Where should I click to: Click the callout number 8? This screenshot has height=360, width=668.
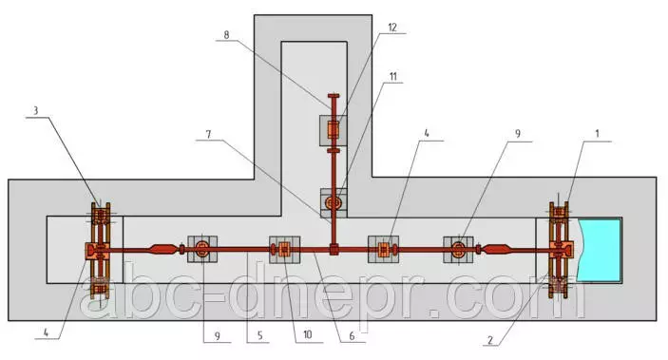click(x=226, y=35)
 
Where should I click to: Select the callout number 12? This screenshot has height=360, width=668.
click(x=392, y=28)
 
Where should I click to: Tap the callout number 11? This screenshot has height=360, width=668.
click(x=392, y=76)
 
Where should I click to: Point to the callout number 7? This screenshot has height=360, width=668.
click(x=208, y=135)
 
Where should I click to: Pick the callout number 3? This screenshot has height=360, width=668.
click(x=36, y=111)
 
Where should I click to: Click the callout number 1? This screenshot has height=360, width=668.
click(x=597, y=134)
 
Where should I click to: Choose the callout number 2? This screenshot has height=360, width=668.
click(x=490, y=339)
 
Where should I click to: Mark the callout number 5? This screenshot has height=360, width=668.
click(x=259, y=335)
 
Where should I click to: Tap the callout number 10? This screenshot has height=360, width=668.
click(x=308, y=335)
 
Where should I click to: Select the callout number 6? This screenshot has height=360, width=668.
click(x=352, y=336)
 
